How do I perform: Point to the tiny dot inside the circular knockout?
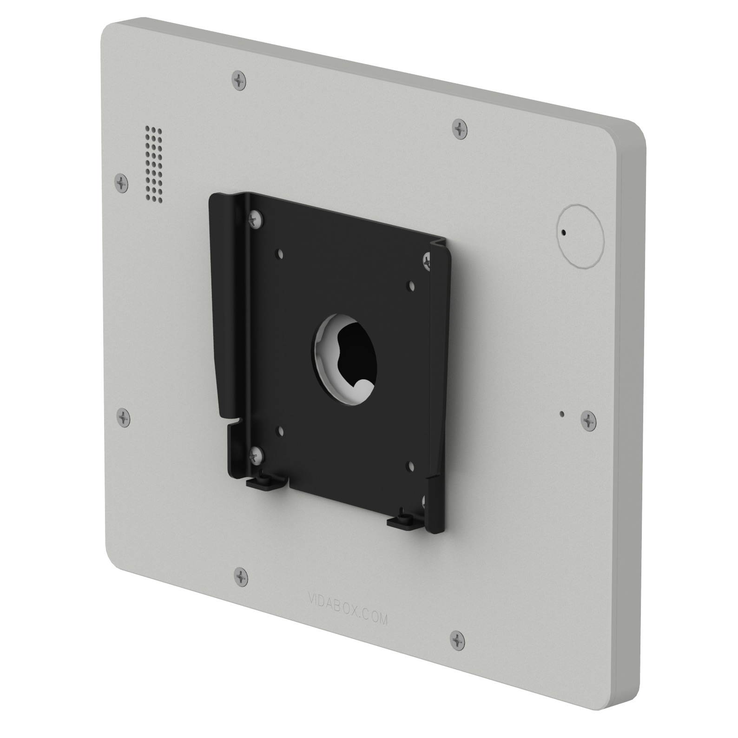pyautogui.click(x=563, y=232)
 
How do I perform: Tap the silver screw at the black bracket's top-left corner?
pyautogui.click(x=256, y=219)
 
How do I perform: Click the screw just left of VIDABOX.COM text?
pyautogui.click(x=241, y=577)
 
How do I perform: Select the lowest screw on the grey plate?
pyautogui.click(x=458, y=640)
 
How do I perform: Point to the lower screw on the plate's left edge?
pyautogui.click(x=123, y=417)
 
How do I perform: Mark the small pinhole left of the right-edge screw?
pyautogui.click(x=562, y=413)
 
